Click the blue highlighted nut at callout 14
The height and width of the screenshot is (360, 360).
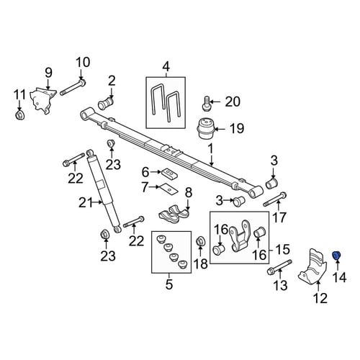tap(337, 256)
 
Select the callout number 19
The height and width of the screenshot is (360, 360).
tap(237, 128)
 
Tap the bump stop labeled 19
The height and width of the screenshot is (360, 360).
tap(206, 129)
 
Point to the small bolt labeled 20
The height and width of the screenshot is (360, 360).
tap(207, 104)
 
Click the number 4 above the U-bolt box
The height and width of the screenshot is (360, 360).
tap(166, 67)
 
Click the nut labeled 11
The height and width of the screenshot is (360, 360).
tap(19, 115)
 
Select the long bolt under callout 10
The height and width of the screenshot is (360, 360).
tap(73, 88)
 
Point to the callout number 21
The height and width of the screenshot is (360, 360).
tap(86, 203)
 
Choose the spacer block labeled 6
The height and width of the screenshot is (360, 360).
tap(169, 174)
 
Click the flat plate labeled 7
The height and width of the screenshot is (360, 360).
tap(169, 189)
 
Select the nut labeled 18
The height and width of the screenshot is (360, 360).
tap(201, 241)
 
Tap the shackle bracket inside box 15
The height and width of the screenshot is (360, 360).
tap(240, 237)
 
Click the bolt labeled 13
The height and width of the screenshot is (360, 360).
tap(279, 267)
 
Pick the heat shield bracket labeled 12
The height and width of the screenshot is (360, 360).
tap(312, 267)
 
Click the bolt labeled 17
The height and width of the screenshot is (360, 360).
tap(275, 199)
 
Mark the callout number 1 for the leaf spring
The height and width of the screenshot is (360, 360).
tap(210, 149)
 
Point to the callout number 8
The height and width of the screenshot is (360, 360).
tap(189, 192)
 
